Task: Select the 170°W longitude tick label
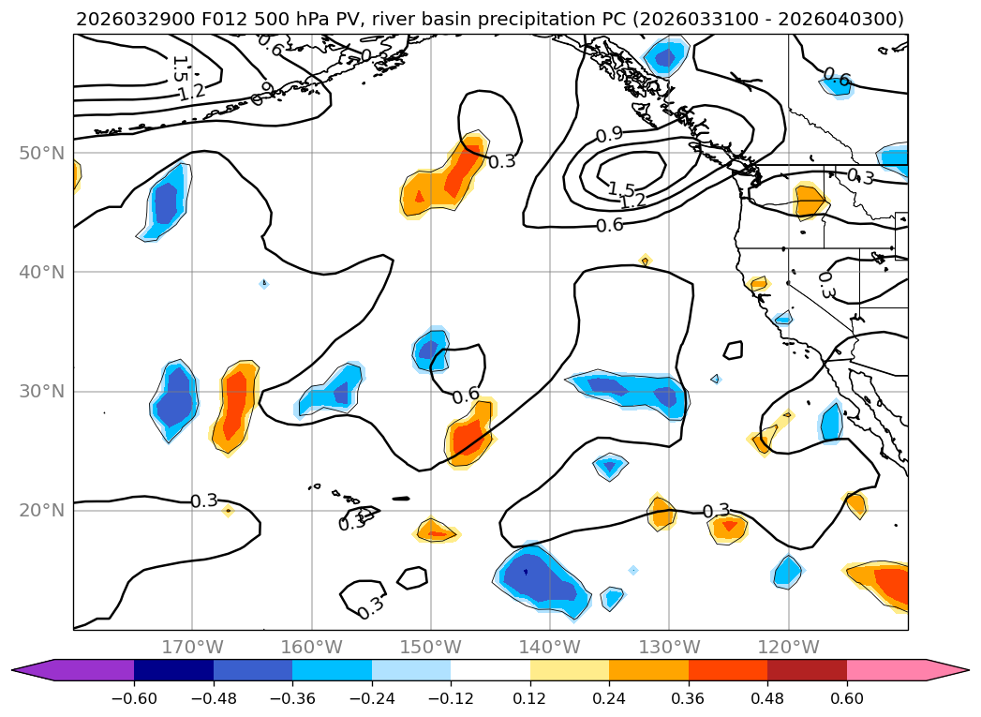click(x=192, y=647)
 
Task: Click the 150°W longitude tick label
click(x=431, y=647)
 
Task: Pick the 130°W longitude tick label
click(x=669, y=647)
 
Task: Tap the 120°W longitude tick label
click(x=788, y=647)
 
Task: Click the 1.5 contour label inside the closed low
click(x=621, y=190)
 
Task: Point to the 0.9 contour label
click(x=609, y=135)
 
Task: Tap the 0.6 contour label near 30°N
click(x=466, y=396)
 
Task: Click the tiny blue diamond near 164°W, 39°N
click(x=263, y=283)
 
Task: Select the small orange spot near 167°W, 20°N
click(x=228, y=510)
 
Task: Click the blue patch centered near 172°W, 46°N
click(x=167, y=202)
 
